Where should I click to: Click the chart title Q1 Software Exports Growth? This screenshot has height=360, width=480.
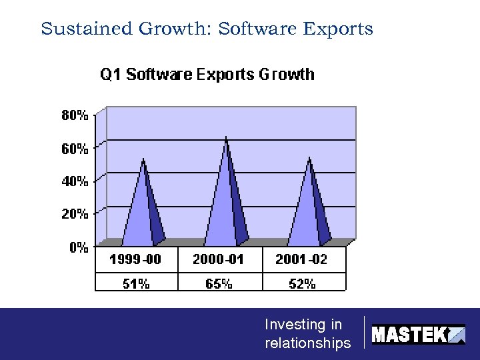pyautogui.click(x=207, y=74)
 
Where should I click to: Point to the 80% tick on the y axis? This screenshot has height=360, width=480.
pyautogui.click(x=75, y=115)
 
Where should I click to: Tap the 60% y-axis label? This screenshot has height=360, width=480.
pyautogui.click(x=75, y=149)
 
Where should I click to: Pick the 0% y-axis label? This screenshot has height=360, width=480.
pyautogui.click(x=79, y=247)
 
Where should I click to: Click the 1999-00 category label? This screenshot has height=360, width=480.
pyautogui.click(x=135, y=259)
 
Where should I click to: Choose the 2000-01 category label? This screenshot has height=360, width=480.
pyautogui.click(x=219, y=259)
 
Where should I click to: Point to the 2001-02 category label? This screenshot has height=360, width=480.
pyautogui.click(x=302, y=259)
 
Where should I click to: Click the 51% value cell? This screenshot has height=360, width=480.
pyautogui.click(x=136, y=283)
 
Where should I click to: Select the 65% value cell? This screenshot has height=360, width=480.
pyautogui.click(x=219, y=283)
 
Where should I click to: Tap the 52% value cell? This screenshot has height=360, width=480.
pyautogui.click(x=302, y=283)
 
